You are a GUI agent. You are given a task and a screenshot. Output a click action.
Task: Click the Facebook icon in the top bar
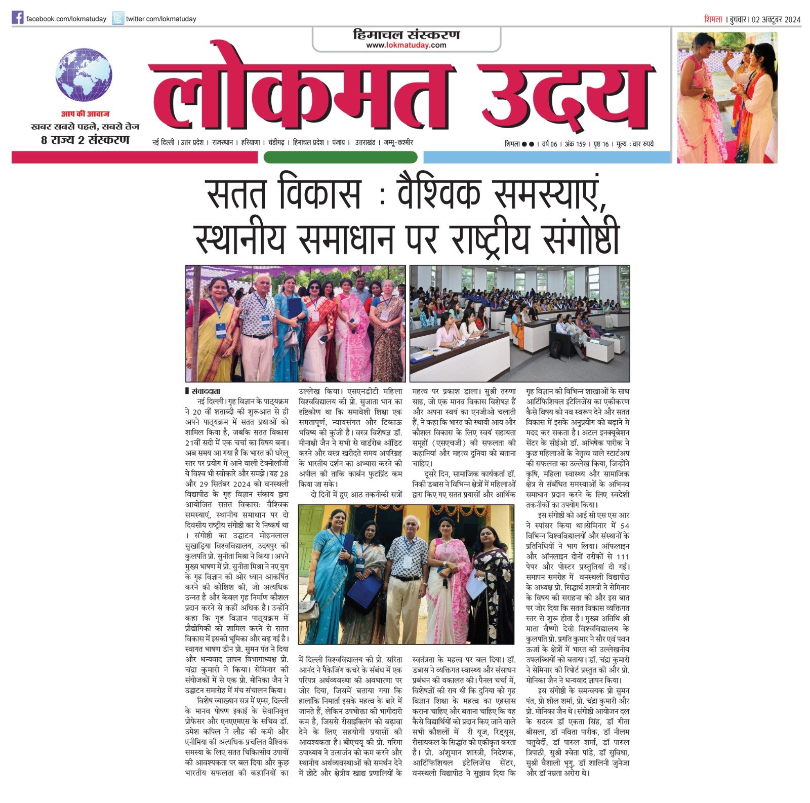[x=18, y=18]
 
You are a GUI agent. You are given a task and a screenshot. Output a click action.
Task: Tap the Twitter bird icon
[x=117, y=19]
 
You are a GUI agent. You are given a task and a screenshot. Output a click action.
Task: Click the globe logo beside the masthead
[x=84, y=75]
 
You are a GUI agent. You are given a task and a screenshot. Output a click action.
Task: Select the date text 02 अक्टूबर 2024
[x=776, y=20]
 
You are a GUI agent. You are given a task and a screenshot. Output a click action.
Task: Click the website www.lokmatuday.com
[x=406, y=45]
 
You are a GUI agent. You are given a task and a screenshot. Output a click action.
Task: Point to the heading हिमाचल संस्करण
[x=406, y=34]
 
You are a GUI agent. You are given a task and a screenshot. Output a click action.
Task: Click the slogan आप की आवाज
[x=85, y=114]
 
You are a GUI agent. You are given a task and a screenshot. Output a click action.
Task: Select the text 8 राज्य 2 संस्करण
[x=85, y=140]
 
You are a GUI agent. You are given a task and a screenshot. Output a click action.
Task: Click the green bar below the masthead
[x=340, y=157]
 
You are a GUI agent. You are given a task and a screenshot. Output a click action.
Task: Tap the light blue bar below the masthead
[x=546, y=157]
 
